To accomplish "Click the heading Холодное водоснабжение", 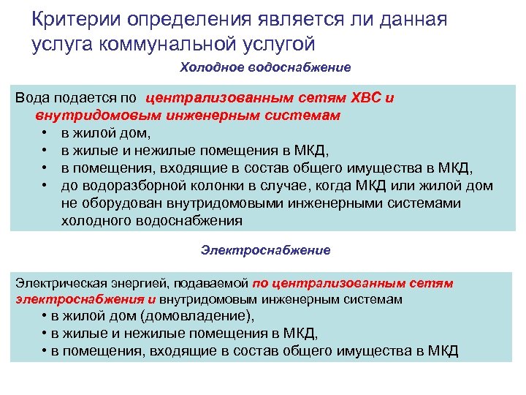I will point(266,67).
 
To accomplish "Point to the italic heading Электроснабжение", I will point(266,250).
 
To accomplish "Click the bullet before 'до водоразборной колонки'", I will point(45,186).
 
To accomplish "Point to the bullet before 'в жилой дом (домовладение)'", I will point(45,317).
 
